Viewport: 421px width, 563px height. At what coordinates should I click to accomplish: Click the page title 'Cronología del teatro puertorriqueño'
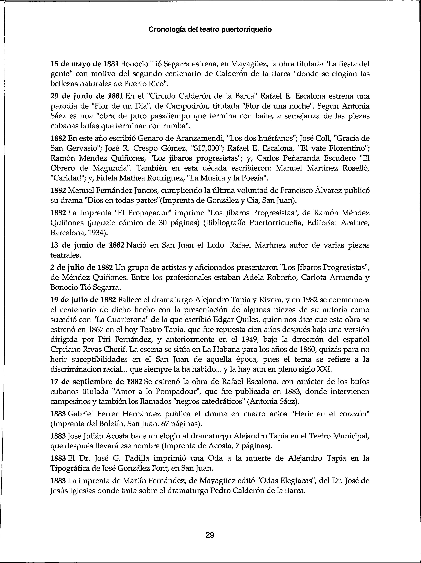pyautogui.click(x=210, y=29)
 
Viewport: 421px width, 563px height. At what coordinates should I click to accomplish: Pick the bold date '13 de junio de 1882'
pyautogui.click(x=87, y=245)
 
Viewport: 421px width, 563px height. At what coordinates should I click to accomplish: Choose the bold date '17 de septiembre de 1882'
pyautogui.click(x=96, y=382)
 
